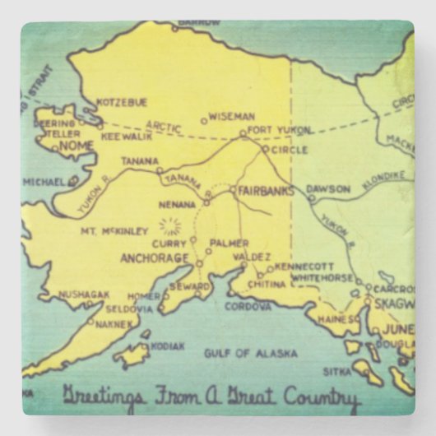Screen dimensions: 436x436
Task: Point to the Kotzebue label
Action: pos(122,102)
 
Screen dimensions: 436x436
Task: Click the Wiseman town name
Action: pos(231,117)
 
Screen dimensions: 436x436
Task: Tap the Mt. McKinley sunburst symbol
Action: pos(170,225)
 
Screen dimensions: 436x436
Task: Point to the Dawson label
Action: pos(322,188)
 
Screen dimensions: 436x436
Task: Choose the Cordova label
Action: pos(248,306)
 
